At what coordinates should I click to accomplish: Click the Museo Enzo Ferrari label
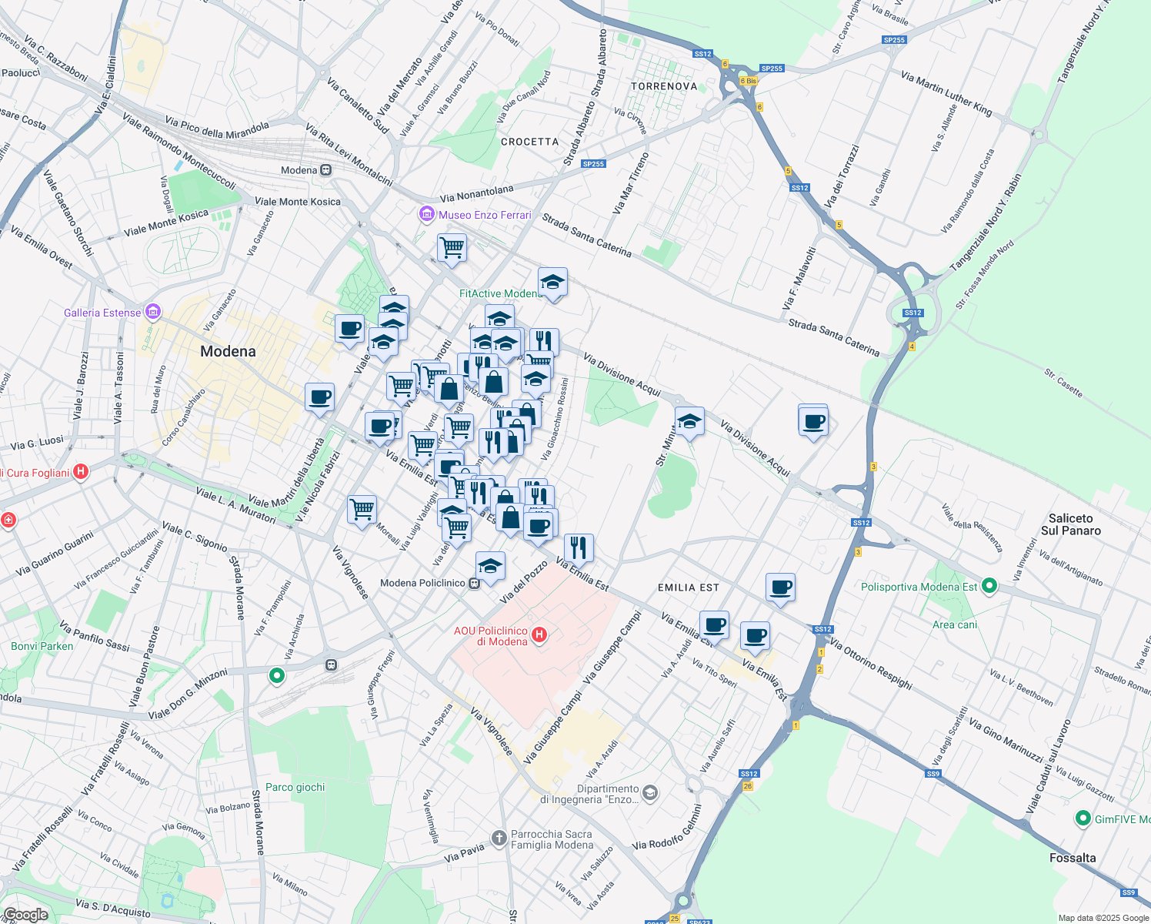point(485,215)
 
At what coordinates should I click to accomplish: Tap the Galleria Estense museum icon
point(153,312)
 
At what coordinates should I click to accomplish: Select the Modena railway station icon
point(326,170)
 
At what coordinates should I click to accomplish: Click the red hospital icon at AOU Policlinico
point(539,634)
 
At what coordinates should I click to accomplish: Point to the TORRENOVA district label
point(664,86)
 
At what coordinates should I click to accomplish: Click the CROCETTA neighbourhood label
point(529,142)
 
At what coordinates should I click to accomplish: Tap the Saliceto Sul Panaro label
point(1070,524)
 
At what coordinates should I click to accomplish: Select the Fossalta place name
point(1073,858)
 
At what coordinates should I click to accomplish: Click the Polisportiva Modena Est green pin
point(989,587)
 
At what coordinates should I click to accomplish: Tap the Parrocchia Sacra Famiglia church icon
point(499,838)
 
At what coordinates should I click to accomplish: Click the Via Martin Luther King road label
point(946,92)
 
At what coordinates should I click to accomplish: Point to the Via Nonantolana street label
point(476,193)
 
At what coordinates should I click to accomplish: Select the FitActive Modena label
point(500,293)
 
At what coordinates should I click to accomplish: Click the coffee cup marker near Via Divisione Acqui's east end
point(812,421)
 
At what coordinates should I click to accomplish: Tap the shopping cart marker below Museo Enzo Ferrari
point(452,248)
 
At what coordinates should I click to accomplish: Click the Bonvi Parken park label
point(42,646)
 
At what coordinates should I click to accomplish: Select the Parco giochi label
point(295,787)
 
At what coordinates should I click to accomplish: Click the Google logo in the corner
point(25,915)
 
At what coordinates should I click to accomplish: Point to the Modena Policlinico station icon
point(474,583)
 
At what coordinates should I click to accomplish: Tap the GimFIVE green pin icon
point(1083,819)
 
